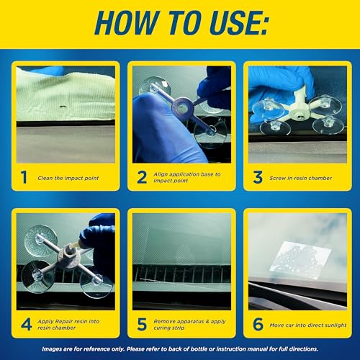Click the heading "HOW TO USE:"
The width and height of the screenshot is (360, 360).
180,26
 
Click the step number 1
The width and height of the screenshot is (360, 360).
24,176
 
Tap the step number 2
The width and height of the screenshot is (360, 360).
141,176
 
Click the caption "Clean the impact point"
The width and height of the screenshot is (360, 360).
68,177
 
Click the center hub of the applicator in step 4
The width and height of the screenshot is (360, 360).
71,252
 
